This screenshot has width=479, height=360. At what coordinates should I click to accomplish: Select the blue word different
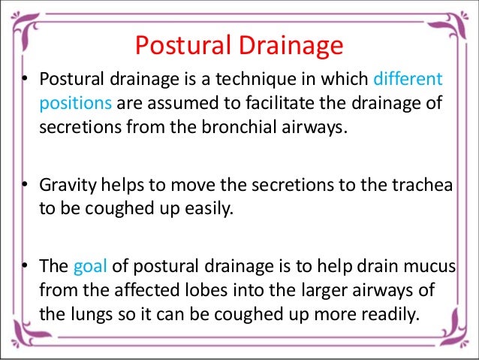pos(408,79)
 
